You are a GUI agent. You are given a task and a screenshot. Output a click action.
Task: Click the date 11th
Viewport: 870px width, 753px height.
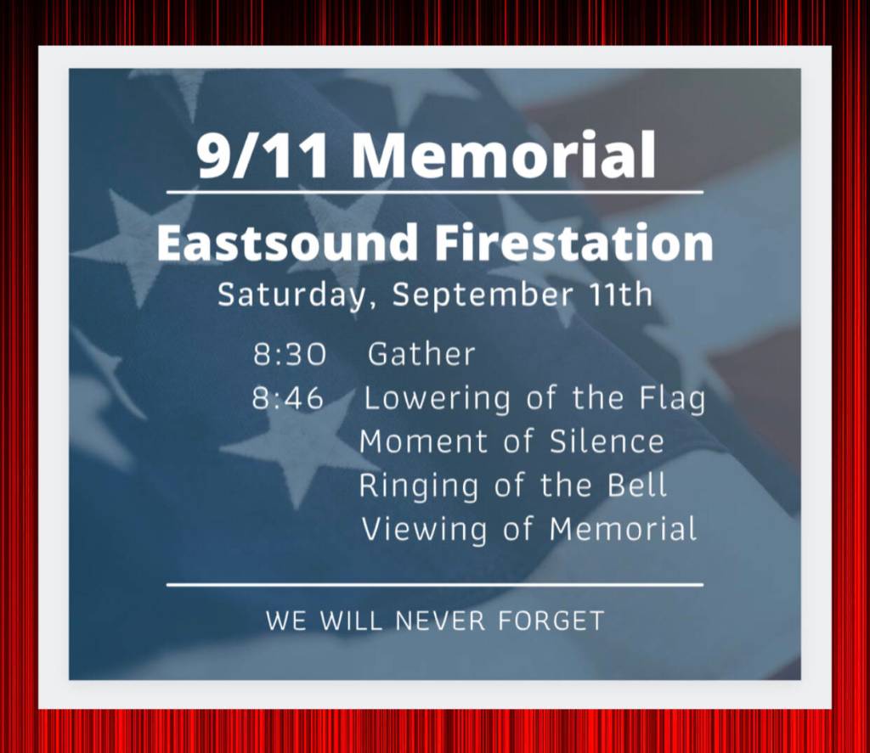pos(620,294)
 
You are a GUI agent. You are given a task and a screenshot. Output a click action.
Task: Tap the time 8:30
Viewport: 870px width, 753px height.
pos(290,355)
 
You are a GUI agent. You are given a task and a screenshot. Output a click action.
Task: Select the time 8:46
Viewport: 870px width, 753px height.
pos(288,398)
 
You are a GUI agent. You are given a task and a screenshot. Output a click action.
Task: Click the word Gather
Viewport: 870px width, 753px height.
pos(421,354)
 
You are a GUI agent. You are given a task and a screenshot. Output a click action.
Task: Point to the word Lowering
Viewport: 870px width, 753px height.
pos(437,399)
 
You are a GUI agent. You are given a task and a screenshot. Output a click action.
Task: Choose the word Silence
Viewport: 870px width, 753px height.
pos(607,441)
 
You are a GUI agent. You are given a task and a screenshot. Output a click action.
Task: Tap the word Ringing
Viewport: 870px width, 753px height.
pos(418,486)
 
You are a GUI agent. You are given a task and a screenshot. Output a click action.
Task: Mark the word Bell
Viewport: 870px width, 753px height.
pos(636,485)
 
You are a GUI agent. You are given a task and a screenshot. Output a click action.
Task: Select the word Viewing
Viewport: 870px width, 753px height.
pos(425,530)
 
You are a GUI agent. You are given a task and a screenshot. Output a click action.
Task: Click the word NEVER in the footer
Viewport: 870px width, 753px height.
pos(440,621)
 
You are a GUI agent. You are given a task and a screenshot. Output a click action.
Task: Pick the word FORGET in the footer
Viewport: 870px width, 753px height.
pos(551,621)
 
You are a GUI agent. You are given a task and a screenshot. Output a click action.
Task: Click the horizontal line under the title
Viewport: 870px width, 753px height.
pos(435,193)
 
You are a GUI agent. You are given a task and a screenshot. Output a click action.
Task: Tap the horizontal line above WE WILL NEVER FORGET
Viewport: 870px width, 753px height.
pos(435,584)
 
